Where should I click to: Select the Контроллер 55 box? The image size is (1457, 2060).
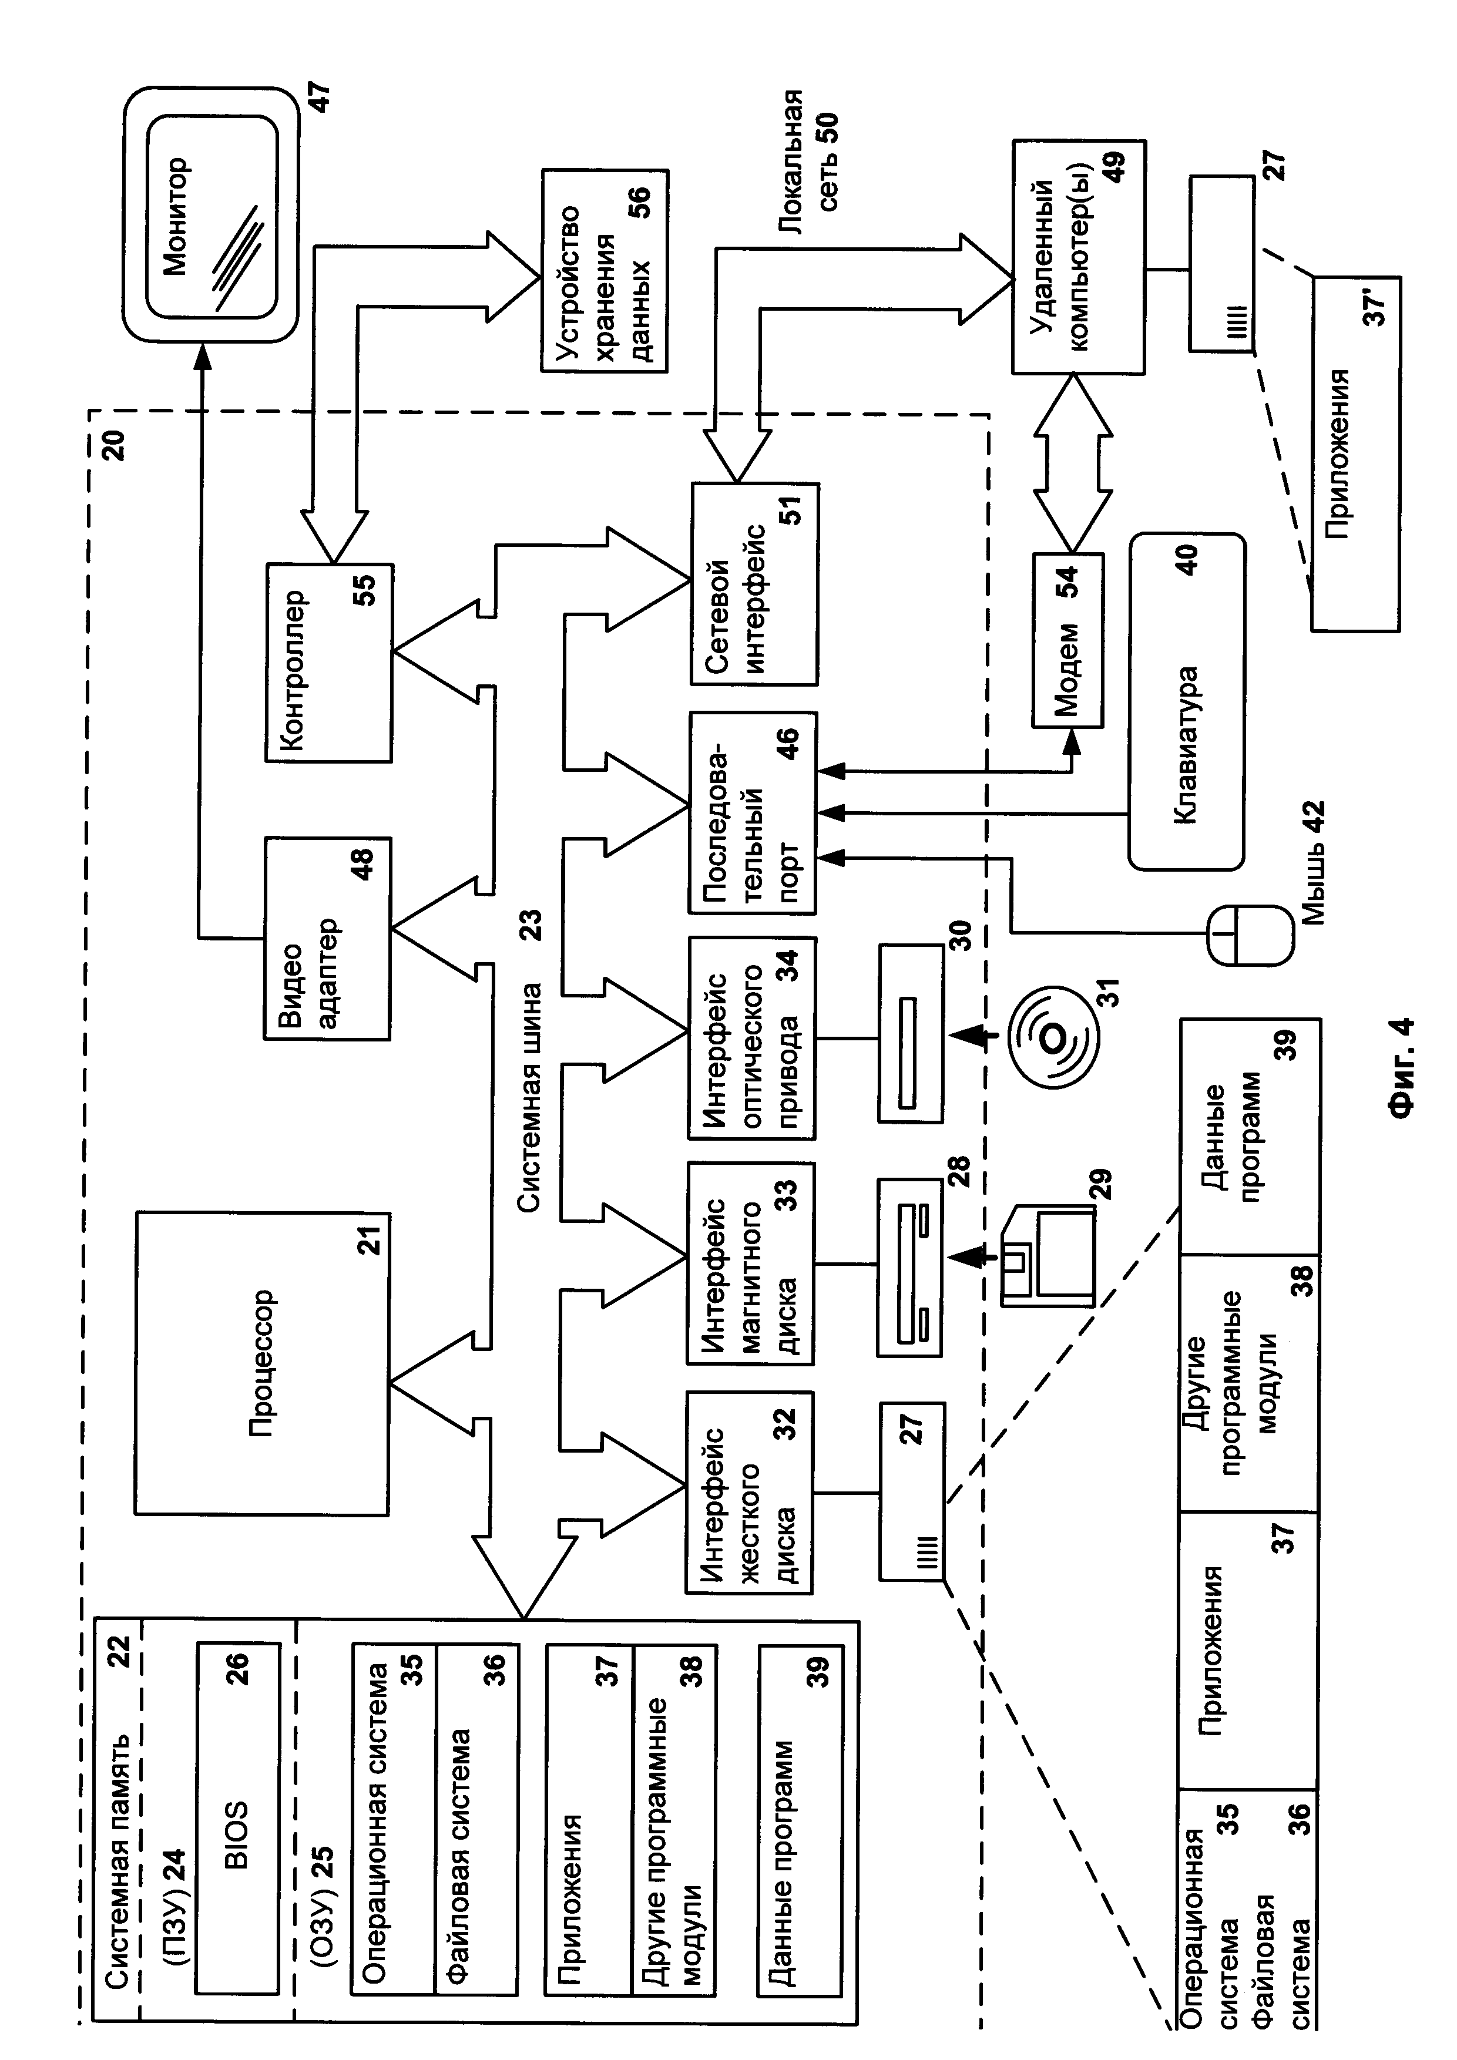(328, 662)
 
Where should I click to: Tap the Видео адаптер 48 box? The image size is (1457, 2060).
(327, 939)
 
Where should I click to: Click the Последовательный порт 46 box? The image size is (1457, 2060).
(752, 813)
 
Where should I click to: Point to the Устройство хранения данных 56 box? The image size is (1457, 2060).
(605, 270)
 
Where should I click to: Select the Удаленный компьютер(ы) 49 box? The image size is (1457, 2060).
(1077, 257)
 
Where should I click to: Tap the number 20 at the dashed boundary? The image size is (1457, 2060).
(114, 445)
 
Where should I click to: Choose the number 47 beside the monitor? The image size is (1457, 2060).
(320, 96)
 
